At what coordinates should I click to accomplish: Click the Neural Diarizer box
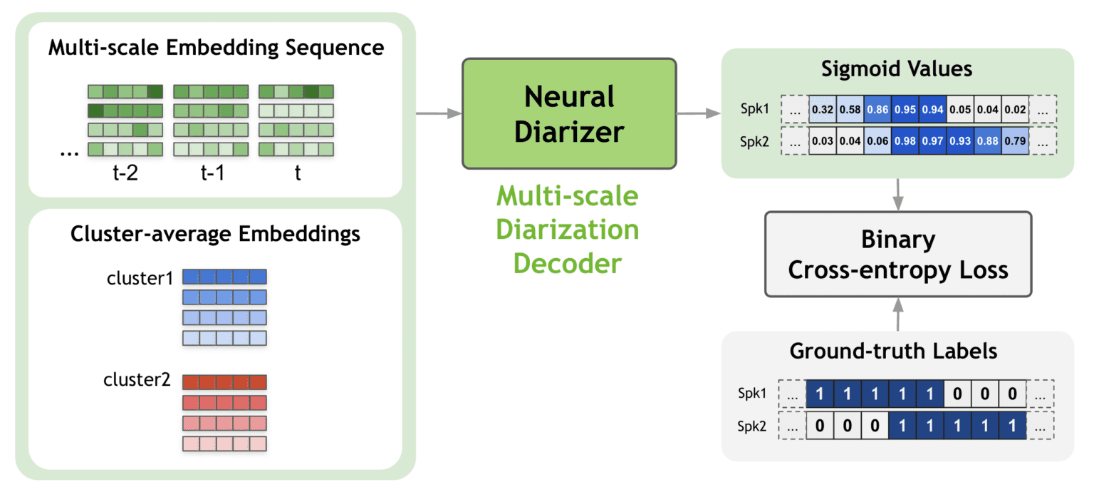pos(568,113)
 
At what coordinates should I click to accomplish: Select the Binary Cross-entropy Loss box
pos(897,254)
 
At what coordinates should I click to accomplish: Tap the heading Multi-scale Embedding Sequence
pos(216,48)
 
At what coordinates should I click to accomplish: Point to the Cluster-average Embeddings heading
pos(215,234)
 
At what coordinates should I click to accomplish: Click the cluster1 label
pos(140,279)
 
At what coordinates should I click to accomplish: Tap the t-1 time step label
pos(212,173)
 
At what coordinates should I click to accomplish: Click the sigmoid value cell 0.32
pos(822,109)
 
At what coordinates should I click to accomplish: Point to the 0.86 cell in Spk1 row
pos(877,109)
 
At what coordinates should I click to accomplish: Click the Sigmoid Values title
pos(897,69)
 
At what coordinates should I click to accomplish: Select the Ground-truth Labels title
pos(897,351)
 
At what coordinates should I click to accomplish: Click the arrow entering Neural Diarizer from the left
pos(438,113)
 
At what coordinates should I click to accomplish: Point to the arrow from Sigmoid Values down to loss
pos(897,193)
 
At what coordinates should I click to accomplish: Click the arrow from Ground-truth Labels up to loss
pos(897,314)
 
